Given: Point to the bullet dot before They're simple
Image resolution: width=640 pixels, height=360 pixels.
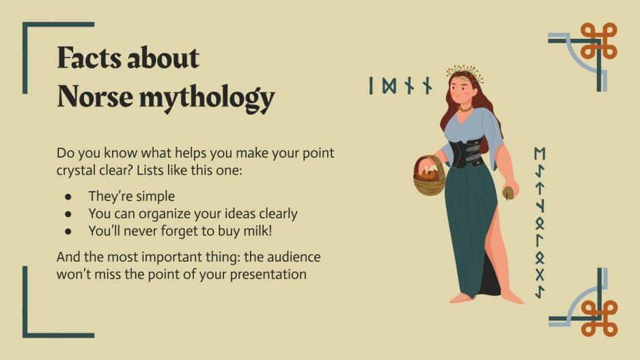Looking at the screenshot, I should [x=68, y=197].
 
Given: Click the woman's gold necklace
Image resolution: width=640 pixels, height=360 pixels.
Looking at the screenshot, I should [x=465, y=108].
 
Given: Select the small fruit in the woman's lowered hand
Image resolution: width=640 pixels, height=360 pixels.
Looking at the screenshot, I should [x=508, y=193].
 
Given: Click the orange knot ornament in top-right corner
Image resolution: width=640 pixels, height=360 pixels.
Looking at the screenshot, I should [x=598, y=41].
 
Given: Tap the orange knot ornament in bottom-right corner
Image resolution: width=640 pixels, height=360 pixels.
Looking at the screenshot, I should [x=598, y=318].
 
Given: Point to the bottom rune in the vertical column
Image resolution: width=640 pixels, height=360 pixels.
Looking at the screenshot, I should [x=540, y=292].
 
